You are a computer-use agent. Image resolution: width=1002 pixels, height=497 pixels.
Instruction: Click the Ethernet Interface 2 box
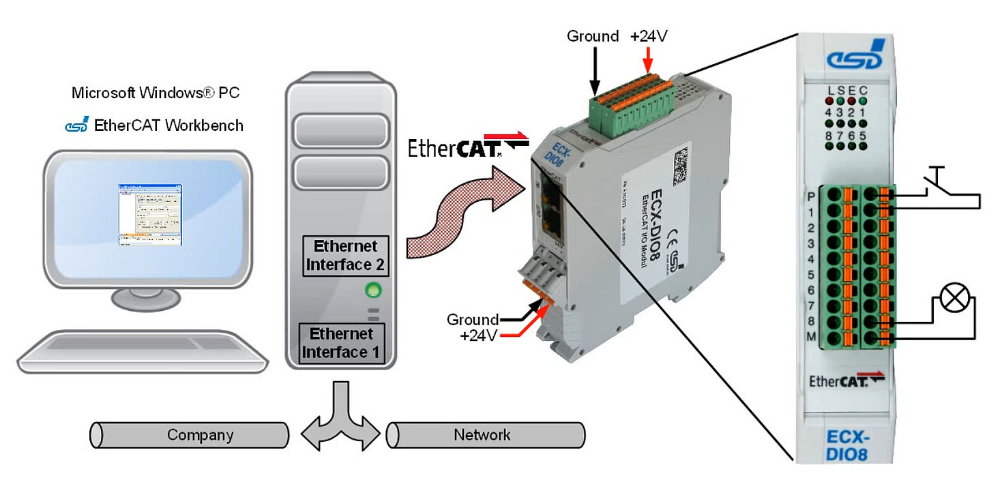[347, 256]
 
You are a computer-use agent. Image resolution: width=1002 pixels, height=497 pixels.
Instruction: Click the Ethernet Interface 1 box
[342, 343]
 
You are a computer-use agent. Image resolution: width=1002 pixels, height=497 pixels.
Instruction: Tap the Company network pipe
[189, 435]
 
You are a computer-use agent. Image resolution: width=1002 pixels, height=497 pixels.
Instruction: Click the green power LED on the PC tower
[372, 291]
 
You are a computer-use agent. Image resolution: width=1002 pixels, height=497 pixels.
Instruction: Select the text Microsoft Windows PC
[156, 93]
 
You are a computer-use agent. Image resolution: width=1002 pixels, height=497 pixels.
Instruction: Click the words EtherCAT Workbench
[168, 125]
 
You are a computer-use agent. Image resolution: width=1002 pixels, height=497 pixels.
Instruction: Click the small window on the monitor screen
[149, 214]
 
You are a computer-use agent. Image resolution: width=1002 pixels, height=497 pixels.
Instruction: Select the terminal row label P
[812, 196]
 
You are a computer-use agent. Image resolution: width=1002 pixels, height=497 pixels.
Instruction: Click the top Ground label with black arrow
[593, 36]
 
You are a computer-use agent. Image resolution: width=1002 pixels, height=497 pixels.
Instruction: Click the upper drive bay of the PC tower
[340, 132]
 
